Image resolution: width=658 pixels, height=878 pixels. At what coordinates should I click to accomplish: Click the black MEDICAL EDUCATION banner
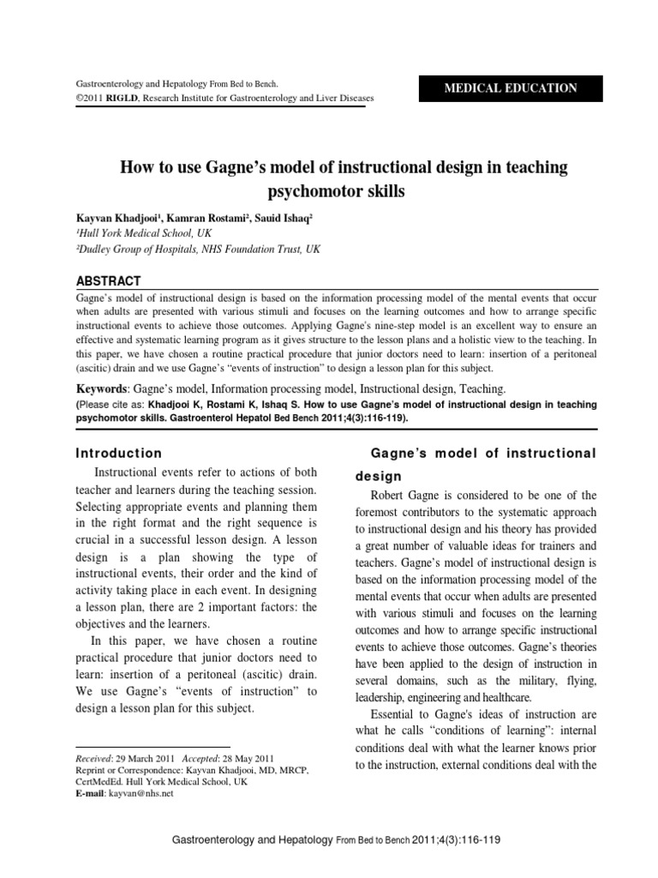[x=510, y=88]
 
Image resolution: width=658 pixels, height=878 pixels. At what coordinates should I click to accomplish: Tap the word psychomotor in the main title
[x=305, y=191]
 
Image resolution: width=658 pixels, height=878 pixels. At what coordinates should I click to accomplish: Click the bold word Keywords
[x=104, y=390]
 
